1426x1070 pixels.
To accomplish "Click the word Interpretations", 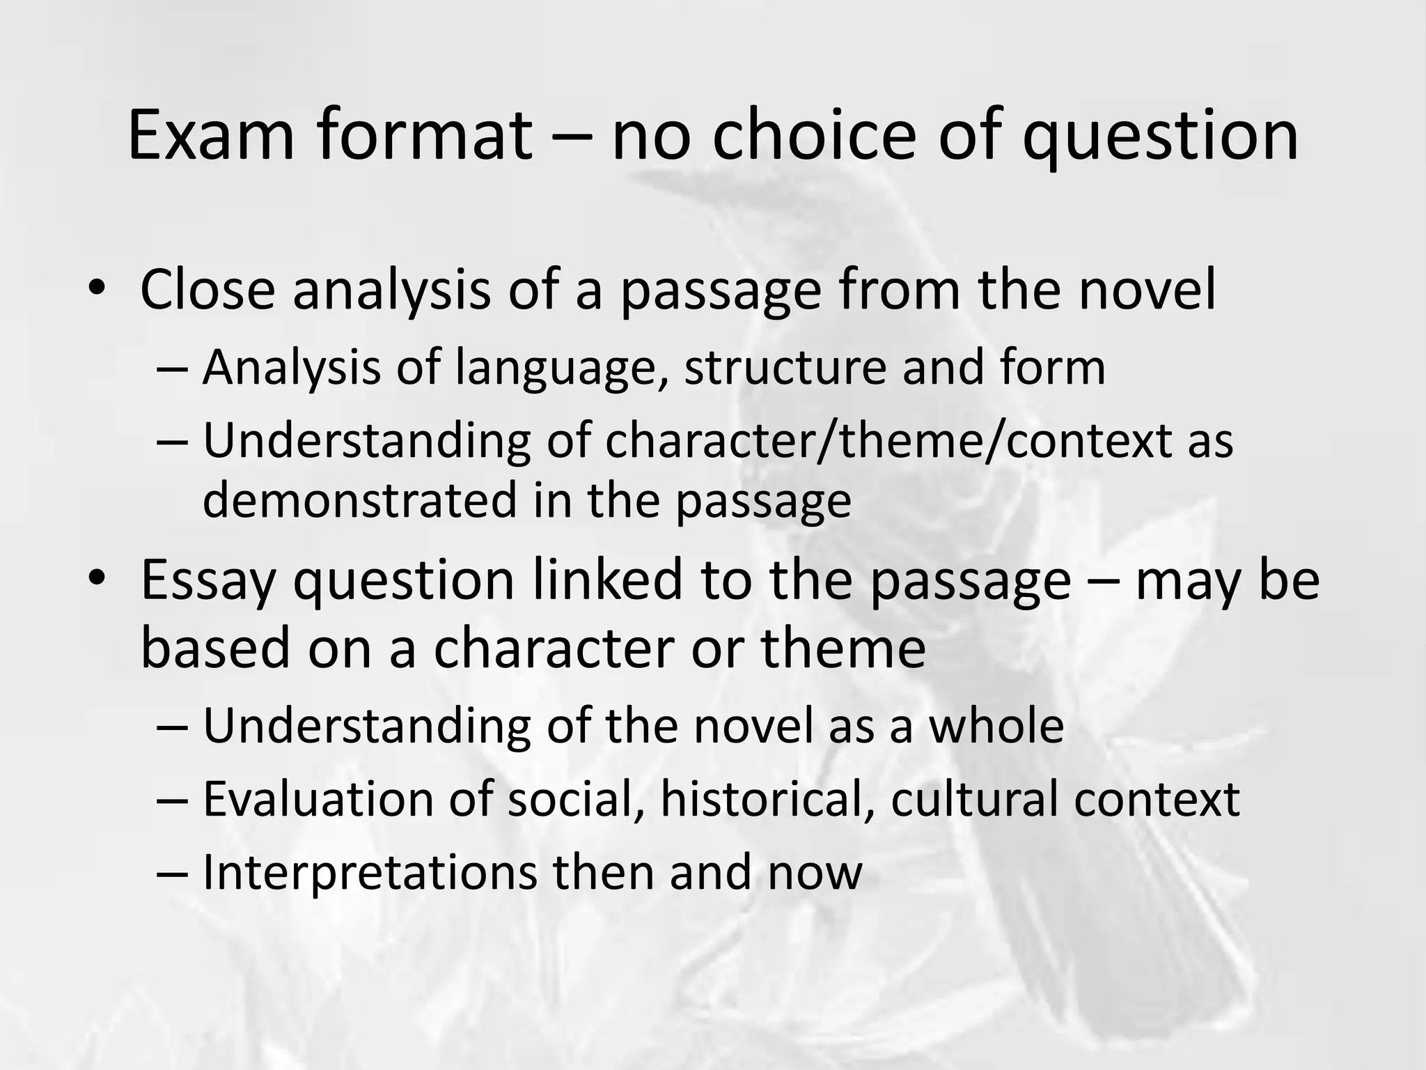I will (370, 872).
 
